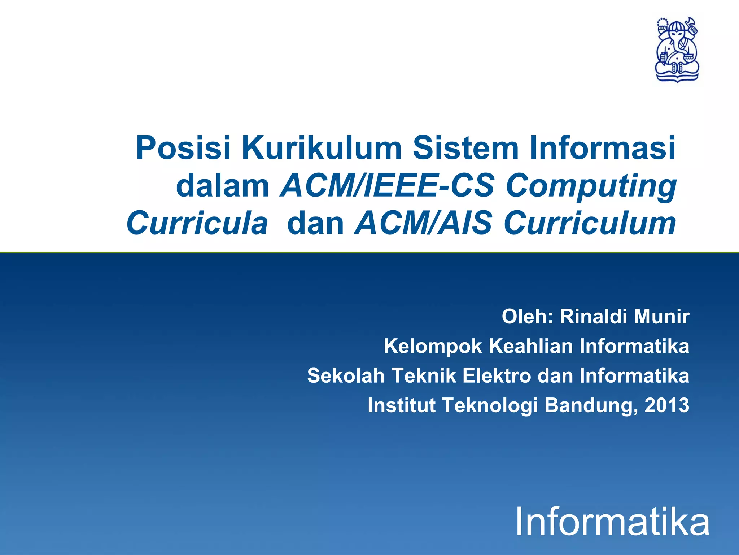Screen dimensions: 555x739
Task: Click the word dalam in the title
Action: point(223,186)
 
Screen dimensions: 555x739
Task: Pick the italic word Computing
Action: point(591,186)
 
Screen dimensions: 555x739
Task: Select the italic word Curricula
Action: point(197,223)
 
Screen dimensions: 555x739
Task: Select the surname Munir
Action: point(662,317)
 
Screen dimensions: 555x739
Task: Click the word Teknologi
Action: point(490,405)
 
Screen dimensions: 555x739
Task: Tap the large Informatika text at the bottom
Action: point(612,522)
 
